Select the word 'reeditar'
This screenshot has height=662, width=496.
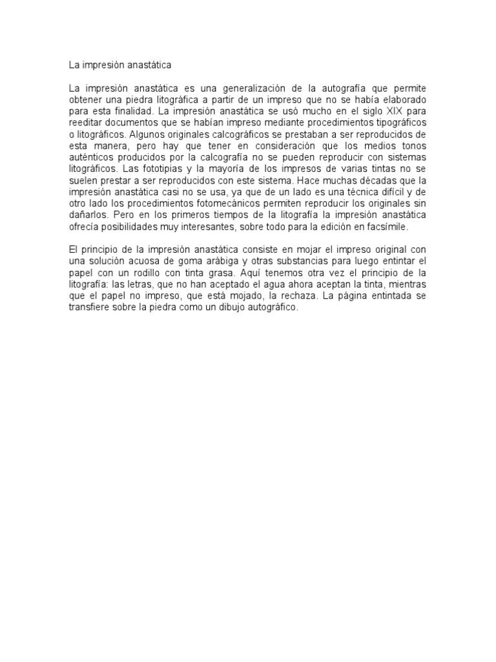pos(87,123)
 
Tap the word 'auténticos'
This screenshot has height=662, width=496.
pos(91,158)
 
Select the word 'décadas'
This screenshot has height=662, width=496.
pos(369,181)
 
